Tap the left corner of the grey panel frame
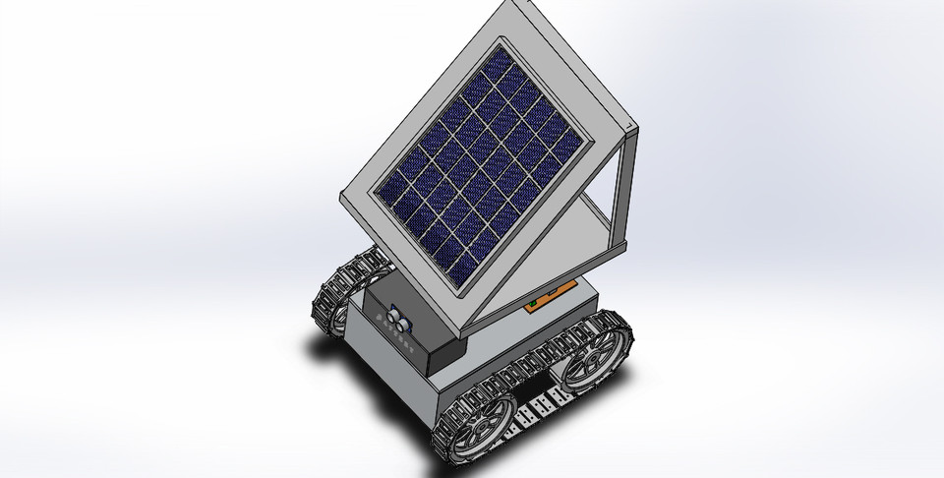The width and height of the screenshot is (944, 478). pyautogui.click(x=345, y=194)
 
